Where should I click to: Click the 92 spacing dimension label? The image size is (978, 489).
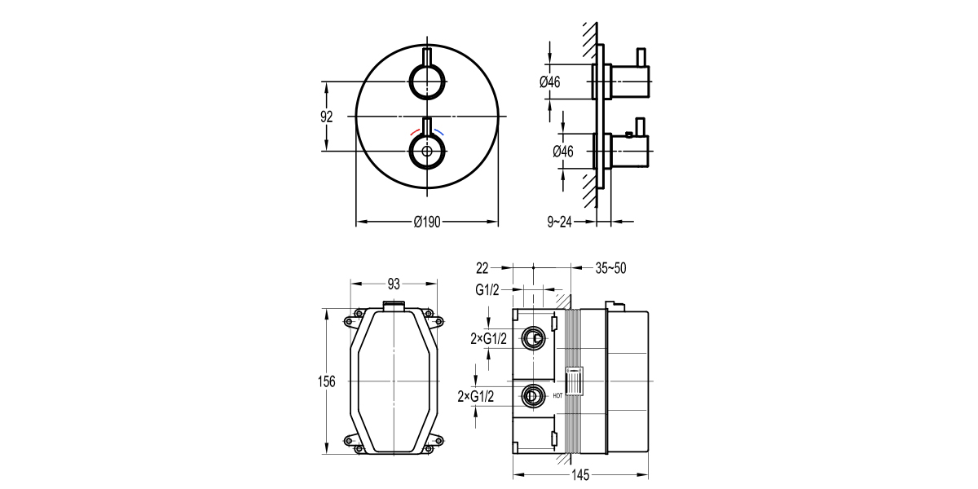[x=327, y=117]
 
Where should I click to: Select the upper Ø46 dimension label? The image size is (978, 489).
[x=550, y=81]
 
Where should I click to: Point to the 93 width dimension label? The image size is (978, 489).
[x=394, y=284]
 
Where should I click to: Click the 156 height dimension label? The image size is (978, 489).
[x=327, y=382]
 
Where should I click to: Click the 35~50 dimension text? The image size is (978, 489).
[x=610, y=267]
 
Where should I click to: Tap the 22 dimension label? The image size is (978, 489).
[x=482, y=267]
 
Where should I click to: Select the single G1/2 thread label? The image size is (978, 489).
[x=487, y=289]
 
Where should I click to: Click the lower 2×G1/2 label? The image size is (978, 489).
[x=477, y=396]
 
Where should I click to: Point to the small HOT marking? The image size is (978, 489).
[x=557, y=396]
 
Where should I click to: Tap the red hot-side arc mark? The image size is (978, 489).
[x=415, y=132]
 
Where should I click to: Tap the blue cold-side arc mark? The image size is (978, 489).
[x=440, y=132]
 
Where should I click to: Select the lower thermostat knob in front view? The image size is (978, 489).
[x=427, y=151]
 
